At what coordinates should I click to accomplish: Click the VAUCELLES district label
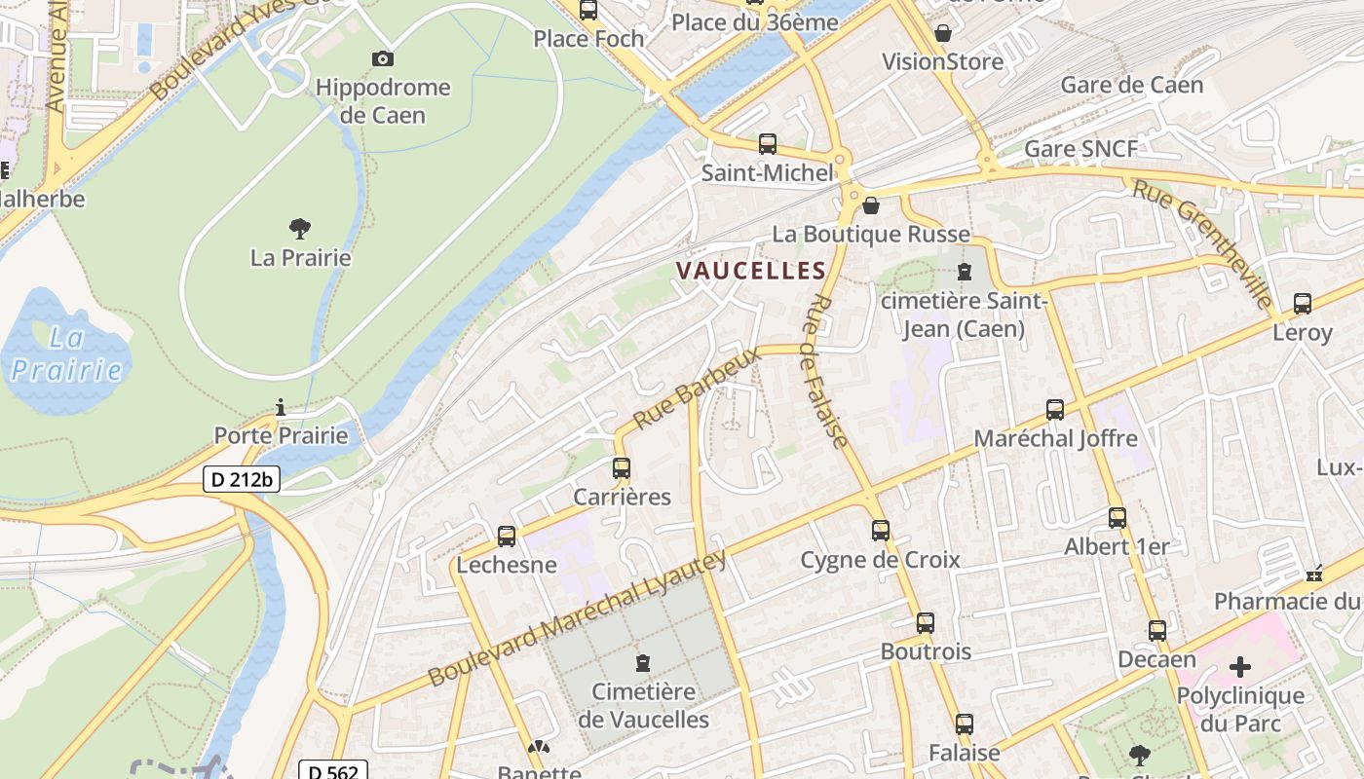pyautogui.click(x=751, y=271)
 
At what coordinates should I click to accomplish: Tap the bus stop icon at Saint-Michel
pyautogui.click(x=768, y=144)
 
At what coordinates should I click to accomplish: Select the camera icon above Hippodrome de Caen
pyautogui.click(x=383, y=58)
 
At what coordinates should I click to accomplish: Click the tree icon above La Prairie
pyautogui.click(x=300, y=229)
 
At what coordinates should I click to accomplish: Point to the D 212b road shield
pyautogui.click(x=242, y=479)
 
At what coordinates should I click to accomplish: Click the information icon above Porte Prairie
pyautogui.click(x=281, y=407)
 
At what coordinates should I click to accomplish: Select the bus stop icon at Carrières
pyautogui.click(x=622, y=468)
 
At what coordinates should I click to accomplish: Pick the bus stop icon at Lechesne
pyautogui.click(x=507, y=537)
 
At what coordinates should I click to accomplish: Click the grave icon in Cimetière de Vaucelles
pyautogui.click(x=643, y=664)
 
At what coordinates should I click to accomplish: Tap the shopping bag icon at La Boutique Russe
pyautogui.click(x=871, y=205)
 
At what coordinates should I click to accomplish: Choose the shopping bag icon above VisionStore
pyautogui.click(x=942, y=33)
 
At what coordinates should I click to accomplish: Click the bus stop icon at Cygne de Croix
pyautogui.click(x=881, y=531)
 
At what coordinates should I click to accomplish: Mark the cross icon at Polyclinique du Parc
pyautogui.click(x=1239, y=667)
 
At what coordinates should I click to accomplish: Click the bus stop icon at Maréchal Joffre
pyautogui.click(x=1055, y=410)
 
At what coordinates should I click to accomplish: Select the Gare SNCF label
pyautogui.click(x=1080, y=149)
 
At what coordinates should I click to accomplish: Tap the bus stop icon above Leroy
pyautogui.click(x=1303, y=304)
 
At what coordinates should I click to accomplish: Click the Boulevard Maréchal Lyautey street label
pyautogui.click(x=578, y=617)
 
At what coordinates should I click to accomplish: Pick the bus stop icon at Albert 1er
pyautogui.click(x=1118, y=518)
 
